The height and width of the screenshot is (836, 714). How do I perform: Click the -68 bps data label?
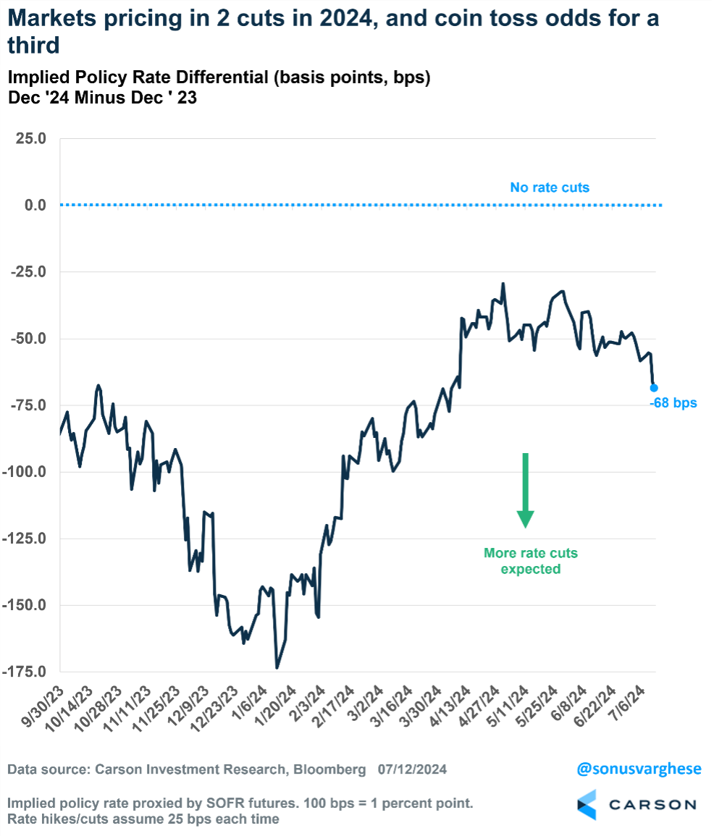click(x=673, y=402)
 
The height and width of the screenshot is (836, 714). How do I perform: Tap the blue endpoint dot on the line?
click(x=654, y=387)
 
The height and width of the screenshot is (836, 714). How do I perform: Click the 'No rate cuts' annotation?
click(x=550, y=187)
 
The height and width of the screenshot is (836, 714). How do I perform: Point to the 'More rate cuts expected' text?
click(x=531, y=561)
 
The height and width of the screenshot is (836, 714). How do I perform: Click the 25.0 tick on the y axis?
click(x=31, y=138)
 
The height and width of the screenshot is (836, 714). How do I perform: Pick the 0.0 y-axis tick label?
click(x=35, y=205)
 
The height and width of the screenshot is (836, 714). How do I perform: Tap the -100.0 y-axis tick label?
click(x=27, y=472)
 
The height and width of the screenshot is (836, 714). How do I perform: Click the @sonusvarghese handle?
click(x=639, y=769)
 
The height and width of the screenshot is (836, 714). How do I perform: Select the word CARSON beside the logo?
click(x=652, y=805)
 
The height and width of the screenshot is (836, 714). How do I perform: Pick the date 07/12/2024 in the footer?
click(x=412, y=769)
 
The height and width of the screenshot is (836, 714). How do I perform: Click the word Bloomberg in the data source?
click(x=329, y=769)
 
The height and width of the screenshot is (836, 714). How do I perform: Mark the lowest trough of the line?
click(x=277, y=667)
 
